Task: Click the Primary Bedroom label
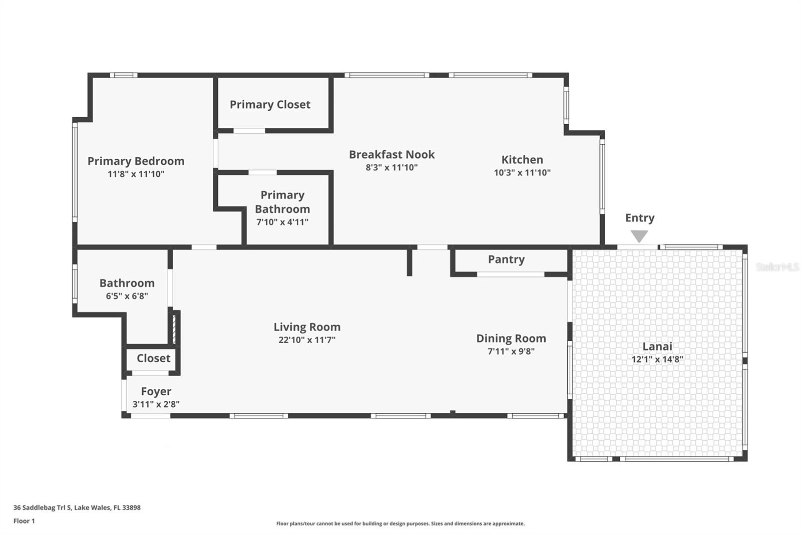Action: pos(136,161)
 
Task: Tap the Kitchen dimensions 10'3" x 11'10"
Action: pos(522,173)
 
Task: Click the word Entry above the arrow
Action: pos(639,218)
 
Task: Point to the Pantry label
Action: pos(506,259)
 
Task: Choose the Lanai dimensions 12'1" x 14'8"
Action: pos(657,359)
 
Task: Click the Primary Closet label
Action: pos(270,105)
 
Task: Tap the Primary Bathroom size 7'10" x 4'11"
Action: pos(282,222)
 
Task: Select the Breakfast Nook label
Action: pos(391,155)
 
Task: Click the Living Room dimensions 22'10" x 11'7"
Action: pos(306,340)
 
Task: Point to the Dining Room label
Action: pos(511,339)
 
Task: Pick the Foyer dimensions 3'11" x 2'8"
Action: pos(156,404)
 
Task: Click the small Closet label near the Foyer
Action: pos(153,358)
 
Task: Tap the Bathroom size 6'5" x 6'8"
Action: pos(127,296)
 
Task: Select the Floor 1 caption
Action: pos(24,521)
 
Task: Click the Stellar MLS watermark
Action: pos(777,267)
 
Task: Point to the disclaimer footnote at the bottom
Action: pos(400,523)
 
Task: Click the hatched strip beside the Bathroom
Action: pos(174,328)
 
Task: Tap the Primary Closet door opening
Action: pos(249,131)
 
